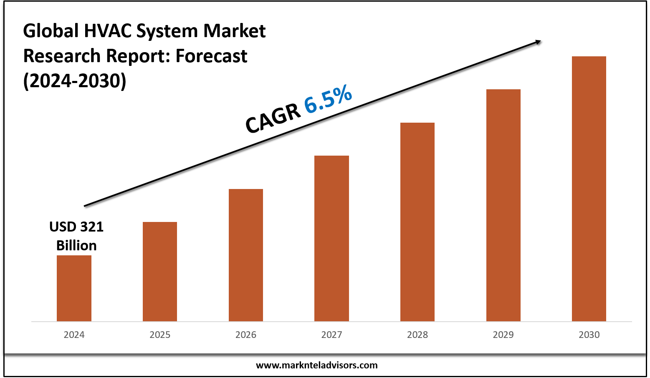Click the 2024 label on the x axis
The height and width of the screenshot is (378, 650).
[x=74, y=335]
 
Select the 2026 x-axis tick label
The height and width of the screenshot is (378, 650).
[x=246, y=335]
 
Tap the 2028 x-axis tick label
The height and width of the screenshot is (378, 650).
[x=417, y=335]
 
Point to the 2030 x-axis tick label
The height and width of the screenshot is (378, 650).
[x=589, y=335]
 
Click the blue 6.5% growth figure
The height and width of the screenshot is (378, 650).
[x=328, y=99]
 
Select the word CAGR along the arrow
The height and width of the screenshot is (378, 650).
[x=273, y=118]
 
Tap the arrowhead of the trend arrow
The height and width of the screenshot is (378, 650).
[x=538, y=41]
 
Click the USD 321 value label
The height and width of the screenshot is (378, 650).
[x=76, y=227]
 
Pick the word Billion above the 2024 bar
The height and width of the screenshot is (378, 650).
[x=76, y=245]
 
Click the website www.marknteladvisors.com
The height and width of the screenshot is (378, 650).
[x=316, y=365]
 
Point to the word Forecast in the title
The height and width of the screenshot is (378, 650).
[x=211, y=56]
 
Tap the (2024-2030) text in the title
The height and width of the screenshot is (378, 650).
[x=75, y=81]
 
